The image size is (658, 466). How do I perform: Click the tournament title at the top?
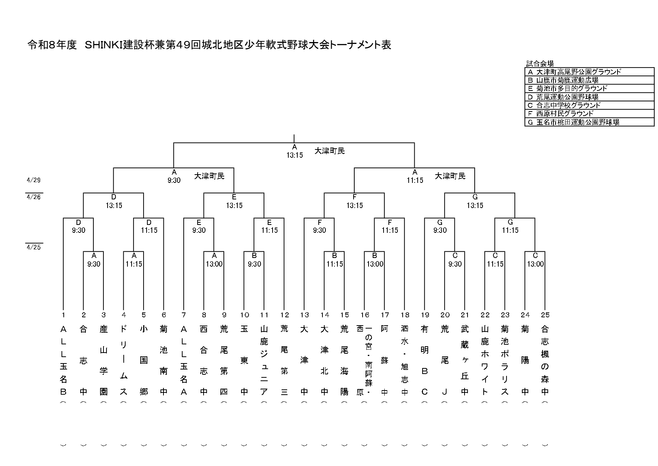pyautogui.click(x=209, y=45)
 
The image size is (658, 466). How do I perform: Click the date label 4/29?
pyautogui.click(x=34, y=180)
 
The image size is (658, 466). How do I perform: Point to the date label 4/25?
pyautogui.click(x=34, y=247)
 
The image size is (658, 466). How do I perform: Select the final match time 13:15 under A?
pyautogui.click(x=294, y=155)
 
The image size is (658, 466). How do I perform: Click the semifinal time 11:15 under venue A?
pyautogui.click(x=415, y=180)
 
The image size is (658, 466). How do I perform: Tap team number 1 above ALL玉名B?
pyautogui.click(x=63, y=315)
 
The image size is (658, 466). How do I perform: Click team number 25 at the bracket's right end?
pyautogui.click(x=545, y=315)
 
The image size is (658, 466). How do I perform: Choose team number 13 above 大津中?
pyautogui.click(x=304, y=315)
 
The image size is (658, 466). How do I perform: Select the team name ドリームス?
pyautogui.click(x=124, y=360)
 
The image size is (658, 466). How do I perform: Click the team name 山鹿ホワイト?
pyautogui.click(x=485, y=360)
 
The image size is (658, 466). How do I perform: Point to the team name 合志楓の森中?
pyautogui.click(x=545, y=360)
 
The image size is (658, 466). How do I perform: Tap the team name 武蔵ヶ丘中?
pyautogui.click(x=465, y=360)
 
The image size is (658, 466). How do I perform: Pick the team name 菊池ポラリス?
pyautogui.click(x=505, y=360)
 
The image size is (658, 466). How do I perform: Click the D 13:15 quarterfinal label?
pyautogui.click(x=114, y=202)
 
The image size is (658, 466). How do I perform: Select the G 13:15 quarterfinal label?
pyautogui.click(x=475, y=202)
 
